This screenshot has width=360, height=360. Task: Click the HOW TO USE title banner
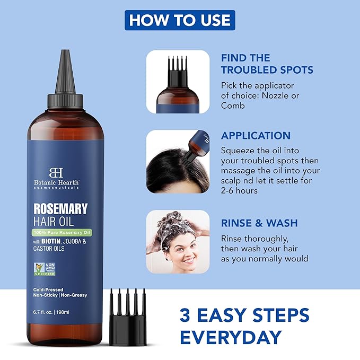pyautogui.click(x=180, y=20)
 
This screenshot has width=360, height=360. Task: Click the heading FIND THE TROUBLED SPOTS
pyautogui.click(x=267, y=64)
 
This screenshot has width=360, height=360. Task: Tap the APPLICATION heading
pyautogui.click(x=256, y=135)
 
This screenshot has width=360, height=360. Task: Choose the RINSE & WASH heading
pyautogui.click(x=259, y=223)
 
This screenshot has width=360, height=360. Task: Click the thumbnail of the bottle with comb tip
pyautogui.click(x=178, y=82)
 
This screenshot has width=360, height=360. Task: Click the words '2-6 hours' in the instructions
pyautogui.click(x=239, y=190)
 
